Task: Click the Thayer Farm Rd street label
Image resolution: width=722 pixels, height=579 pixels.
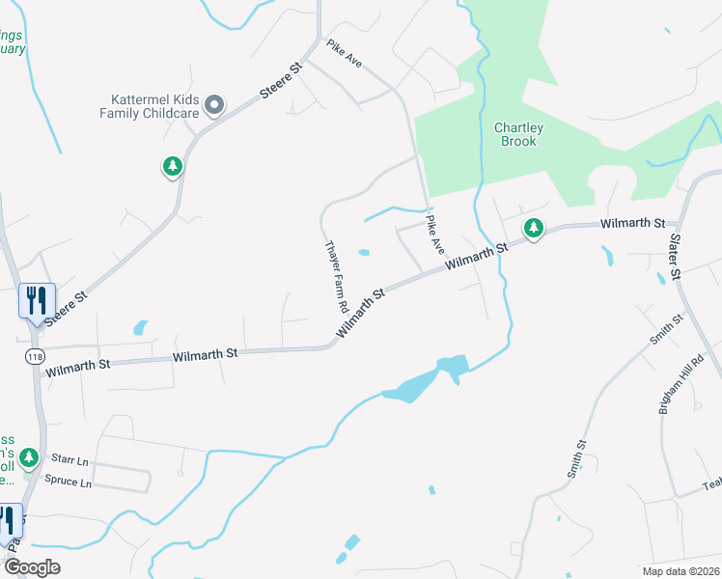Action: [x=337, y=276]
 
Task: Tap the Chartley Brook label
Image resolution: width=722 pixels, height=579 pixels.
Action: [x=518, y=134]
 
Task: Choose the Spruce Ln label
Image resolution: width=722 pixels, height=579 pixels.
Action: [x=68, y=482]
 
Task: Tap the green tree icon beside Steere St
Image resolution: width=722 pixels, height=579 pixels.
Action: [x=173, y=167]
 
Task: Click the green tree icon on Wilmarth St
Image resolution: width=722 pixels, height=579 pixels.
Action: [x=533, y=229]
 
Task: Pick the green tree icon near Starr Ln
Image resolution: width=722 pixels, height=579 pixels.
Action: [x=30, y=456]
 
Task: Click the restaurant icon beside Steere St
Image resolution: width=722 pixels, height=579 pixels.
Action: [x=37, y=300]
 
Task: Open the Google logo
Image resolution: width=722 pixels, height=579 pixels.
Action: [x=32, y=566]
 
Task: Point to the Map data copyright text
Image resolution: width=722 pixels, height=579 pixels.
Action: [x=680, y=571]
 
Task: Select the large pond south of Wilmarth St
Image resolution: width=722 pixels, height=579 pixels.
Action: [x=429, y=378]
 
